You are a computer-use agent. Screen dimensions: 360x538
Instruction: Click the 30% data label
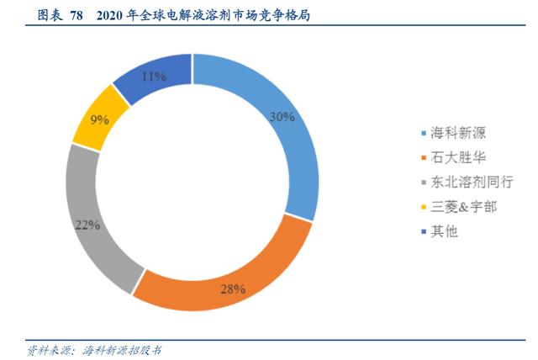coord(282,117)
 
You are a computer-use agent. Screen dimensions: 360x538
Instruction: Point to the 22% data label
coord(87,225)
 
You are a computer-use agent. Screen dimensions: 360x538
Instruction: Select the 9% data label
coord(100,119)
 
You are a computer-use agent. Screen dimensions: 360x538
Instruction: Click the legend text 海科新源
coord(458,133)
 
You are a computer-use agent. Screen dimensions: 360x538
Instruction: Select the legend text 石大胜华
coord(458,157)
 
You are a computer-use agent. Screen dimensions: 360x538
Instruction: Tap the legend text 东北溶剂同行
coord(471,182)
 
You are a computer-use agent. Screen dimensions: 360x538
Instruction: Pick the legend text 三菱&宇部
coord(464,206)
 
